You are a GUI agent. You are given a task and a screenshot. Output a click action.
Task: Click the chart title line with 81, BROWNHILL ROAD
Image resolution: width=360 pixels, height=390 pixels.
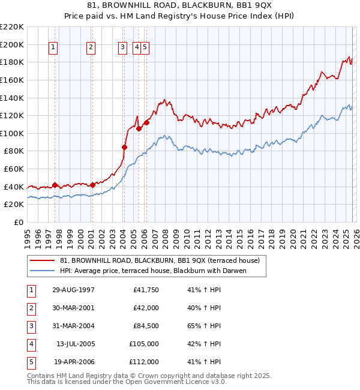pos(180,5)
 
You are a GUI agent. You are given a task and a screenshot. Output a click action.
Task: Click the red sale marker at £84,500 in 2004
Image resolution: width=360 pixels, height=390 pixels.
pos(125,147)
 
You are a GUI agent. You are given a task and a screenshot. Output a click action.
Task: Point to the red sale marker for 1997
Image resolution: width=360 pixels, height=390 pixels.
pos(55,185)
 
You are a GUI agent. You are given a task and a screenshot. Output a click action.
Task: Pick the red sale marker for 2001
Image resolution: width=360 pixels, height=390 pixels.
pos(93,185)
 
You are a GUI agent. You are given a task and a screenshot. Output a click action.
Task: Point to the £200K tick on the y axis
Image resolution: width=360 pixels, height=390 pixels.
pos(12,44)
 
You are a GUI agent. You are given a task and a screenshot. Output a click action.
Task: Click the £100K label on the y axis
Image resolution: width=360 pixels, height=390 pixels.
pos(12,133)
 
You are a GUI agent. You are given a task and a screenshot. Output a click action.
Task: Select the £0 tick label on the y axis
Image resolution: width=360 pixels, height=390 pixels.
pos(18,222)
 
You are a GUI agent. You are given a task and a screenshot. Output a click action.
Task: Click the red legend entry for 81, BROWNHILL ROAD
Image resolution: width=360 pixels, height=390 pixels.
pos(160,261)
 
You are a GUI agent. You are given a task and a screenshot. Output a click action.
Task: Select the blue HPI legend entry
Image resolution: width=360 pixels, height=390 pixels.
pos(154,271)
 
